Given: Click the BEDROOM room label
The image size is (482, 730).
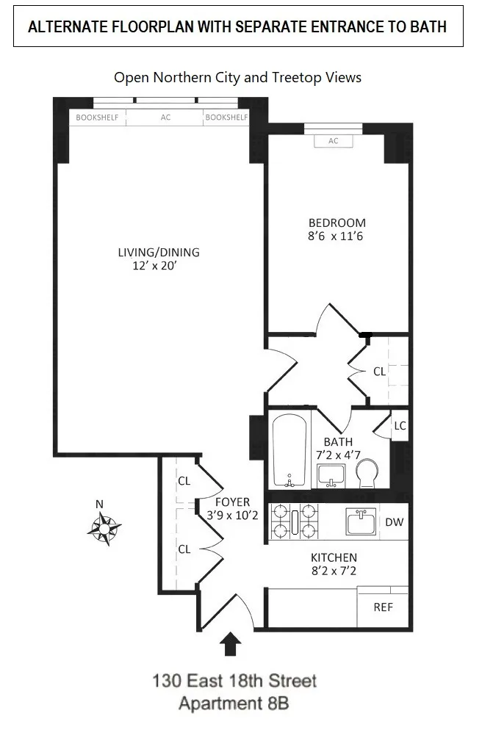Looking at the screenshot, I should point(337,223).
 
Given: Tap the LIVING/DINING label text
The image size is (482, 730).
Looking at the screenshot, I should point(159,253).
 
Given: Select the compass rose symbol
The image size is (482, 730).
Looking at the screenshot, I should point(105,527).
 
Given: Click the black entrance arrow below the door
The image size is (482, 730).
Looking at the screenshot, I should point(231,644).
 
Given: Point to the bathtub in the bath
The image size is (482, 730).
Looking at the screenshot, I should point(289,449).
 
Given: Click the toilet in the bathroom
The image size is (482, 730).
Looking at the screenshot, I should point(367,472).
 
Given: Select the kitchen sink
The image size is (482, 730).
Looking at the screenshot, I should point(361,523).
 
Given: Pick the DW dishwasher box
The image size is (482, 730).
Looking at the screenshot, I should point(394,522).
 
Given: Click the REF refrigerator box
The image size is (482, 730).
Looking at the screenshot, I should point(383,607).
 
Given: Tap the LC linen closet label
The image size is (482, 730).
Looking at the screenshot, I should point(400,426).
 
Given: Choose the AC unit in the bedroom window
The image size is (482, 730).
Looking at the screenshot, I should point(334,141).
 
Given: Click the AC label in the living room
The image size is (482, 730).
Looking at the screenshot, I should point(165,118).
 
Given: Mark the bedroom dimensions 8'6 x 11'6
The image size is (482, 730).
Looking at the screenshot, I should point(337,237).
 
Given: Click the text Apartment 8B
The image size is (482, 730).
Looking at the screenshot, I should point(234,704).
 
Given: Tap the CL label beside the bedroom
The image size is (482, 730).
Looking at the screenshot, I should point(379,372).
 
